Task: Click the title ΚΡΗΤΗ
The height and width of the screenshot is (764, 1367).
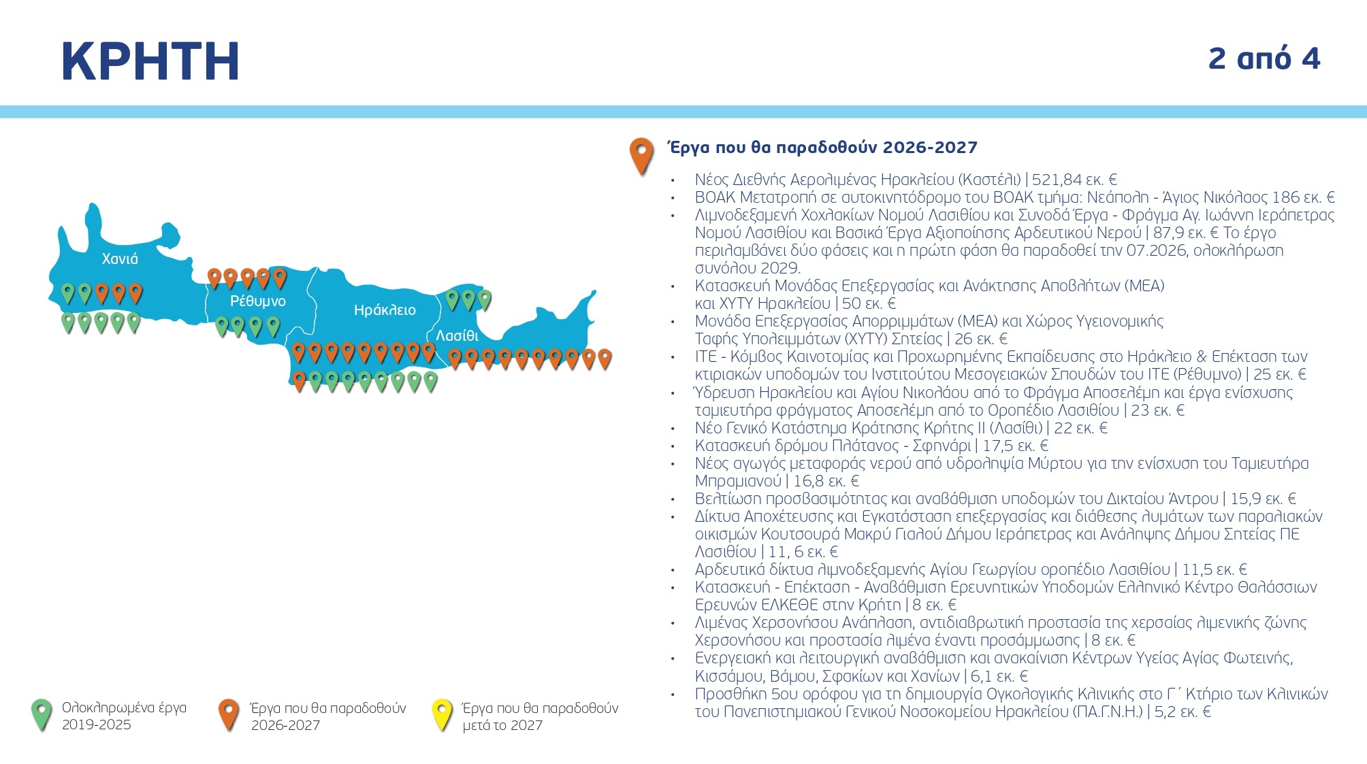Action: [150, 61]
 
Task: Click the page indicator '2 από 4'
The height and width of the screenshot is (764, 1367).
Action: [1264, 59]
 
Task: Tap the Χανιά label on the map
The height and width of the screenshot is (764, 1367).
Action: [120, 259]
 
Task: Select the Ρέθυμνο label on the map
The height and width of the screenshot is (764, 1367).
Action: [257, 301]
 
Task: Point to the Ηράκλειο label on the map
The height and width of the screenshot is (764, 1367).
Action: [385, 310]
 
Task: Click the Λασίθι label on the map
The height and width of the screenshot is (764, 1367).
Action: [457, 335]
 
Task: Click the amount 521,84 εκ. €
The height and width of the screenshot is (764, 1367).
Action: [1074, 180]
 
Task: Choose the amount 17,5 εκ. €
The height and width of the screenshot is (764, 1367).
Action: [1015, 446]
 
